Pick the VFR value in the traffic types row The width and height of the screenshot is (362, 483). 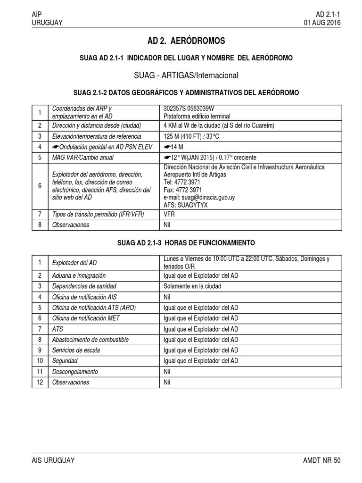(169, 214)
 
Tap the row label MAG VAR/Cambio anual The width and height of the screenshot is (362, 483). (83, 157)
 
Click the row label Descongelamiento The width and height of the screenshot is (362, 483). (75, 372)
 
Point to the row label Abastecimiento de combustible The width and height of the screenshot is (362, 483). (90, 340)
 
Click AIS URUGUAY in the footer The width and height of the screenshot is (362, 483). (53, 460)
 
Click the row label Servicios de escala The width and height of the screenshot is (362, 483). (76, 350)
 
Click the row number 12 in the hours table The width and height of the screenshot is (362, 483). (40, 382)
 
